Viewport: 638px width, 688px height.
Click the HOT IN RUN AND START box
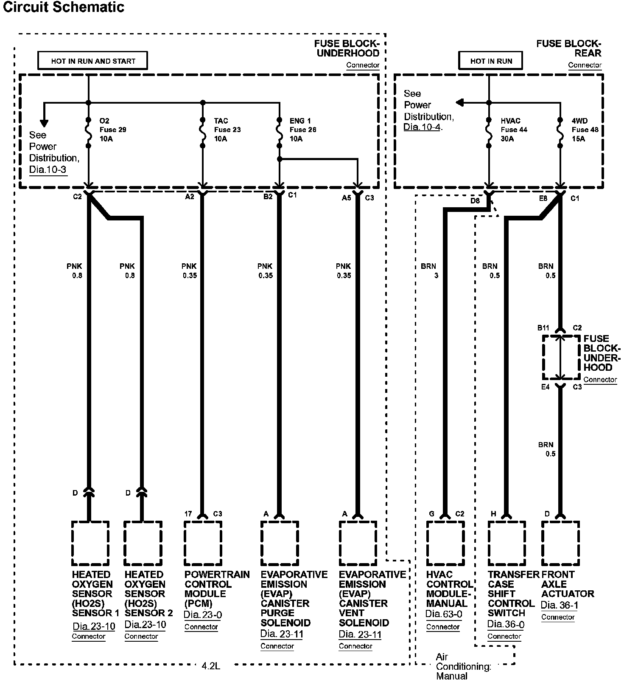click(x=92, y=61)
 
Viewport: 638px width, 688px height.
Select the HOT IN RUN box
click(x=490, y=61)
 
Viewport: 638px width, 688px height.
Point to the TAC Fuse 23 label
click(x=227, y=130)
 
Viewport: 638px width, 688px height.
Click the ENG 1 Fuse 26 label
click(x=302, y=130)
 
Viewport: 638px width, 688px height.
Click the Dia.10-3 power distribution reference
click(x=48, y=170)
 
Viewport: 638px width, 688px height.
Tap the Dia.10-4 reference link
click(x=423, y=127)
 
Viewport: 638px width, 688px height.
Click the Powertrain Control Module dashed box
click(x=203, y=543)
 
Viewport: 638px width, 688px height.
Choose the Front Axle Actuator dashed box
click(x=560, y=543)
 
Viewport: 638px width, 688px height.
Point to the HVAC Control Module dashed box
click(x=445, y=543)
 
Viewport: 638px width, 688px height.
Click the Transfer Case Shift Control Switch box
click(x=506, y=543)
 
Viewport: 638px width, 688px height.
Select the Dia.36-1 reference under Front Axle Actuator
click(x=559, y=605)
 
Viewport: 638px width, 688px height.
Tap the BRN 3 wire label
click(x=429, y=271)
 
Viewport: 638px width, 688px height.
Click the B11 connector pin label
click(x=543, y=328)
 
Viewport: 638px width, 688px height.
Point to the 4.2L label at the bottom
click(x=211, y=666)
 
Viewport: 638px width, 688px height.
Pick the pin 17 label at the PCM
click(x=188, y=514)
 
